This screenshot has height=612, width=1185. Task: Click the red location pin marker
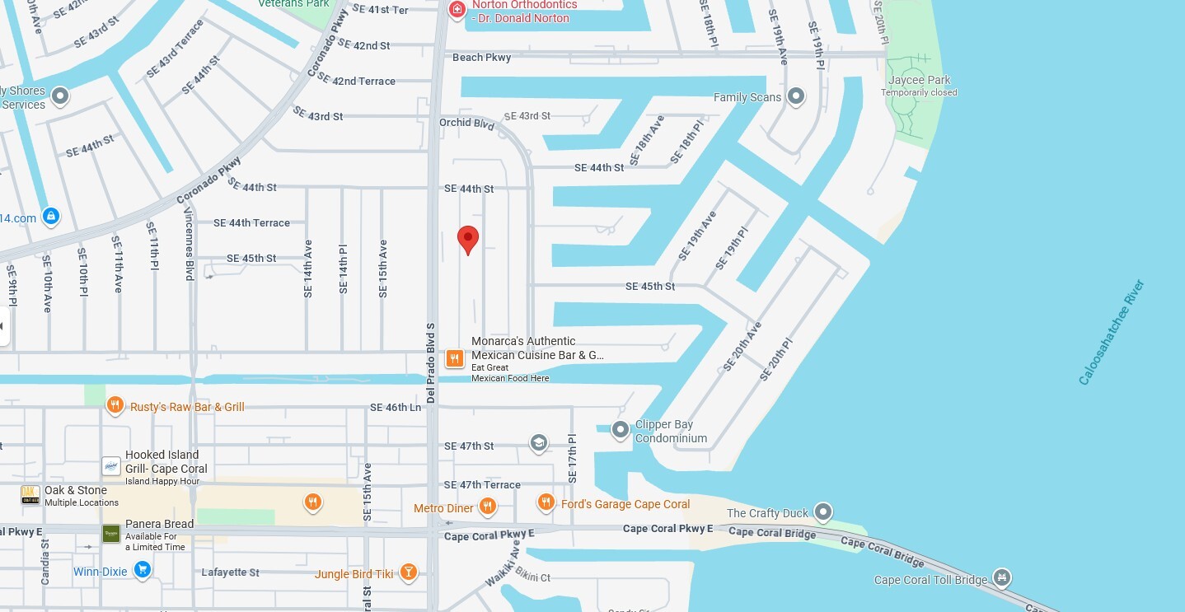[468, 239]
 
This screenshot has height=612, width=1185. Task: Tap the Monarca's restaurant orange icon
[454, 358]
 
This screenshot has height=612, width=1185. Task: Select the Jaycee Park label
[919, 81]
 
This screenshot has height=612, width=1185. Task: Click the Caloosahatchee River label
[1112, 333]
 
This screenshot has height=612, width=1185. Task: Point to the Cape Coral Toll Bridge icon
[1002, 577]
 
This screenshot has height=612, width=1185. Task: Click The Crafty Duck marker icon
[823, 513]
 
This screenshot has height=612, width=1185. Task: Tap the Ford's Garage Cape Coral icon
[546, 502]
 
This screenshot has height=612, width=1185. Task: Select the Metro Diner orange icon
[488, 507]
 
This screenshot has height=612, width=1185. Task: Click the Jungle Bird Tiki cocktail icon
[408, 572]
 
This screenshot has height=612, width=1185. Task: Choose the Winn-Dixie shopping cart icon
[143, 569]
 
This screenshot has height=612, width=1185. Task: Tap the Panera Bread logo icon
[111, 534]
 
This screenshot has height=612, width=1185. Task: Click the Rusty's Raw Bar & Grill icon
[115, 405]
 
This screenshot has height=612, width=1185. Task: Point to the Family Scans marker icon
[795, 97]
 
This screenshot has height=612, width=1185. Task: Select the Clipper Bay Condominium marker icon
[620, 429]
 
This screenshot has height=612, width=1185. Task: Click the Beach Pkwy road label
[482, 58]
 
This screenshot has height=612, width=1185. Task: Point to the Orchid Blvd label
[466, 124]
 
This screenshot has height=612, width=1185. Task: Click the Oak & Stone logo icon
[30, 495]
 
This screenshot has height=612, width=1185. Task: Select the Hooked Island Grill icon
[111, 466]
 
